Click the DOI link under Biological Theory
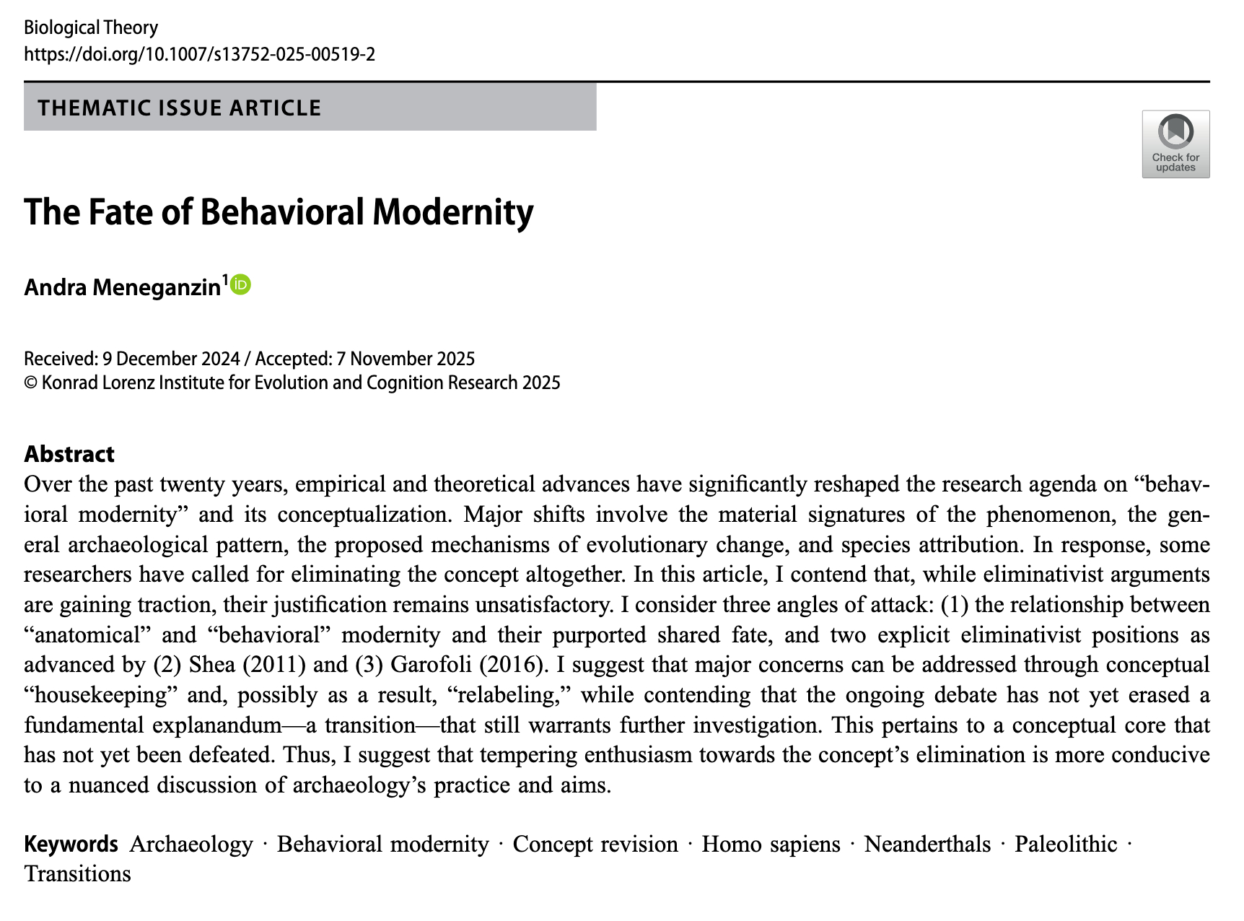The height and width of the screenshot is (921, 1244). [199, 54]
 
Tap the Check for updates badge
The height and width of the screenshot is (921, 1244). [1175, 144]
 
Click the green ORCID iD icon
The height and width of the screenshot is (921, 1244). [241, 285]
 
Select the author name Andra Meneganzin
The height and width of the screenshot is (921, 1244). [122, 287]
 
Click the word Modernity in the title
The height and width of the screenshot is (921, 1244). [452, 211]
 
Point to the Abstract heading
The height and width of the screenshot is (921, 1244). [69, 453]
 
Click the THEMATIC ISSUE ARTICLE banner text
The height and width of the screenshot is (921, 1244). [180, 108]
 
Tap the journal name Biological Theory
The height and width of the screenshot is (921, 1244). [91, 27]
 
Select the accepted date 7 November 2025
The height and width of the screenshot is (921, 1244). [406, 359]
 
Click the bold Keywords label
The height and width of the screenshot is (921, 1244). [71, 844]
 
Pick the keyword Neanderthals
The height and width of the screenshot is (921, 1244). [927, 844]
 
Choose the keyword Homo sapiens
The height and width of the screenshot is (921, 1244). [771, 844]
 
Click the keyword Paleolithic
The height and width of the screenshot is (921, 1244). [1066, 844]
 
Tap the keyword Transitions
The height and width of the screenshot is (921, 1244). [78, 873]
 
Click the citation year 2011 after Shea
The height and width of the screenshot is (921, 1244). [271, 664]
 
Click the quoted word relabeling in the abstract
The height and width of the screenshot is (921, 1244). [509, 694]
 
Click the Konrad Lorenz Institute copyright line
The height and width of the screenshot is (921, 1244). [292, 383]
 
